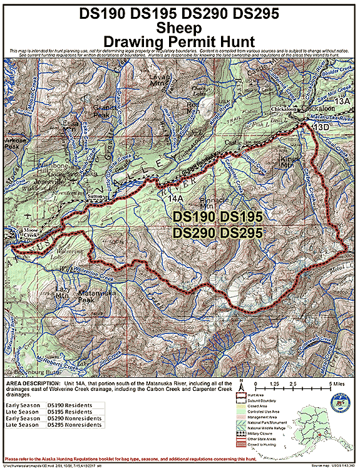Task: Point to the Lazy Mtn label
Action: [x=61, y=294]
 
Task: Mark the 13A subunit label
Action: [x=342, y=100]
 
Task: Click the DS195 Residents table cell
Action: [x=71, y=413]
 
